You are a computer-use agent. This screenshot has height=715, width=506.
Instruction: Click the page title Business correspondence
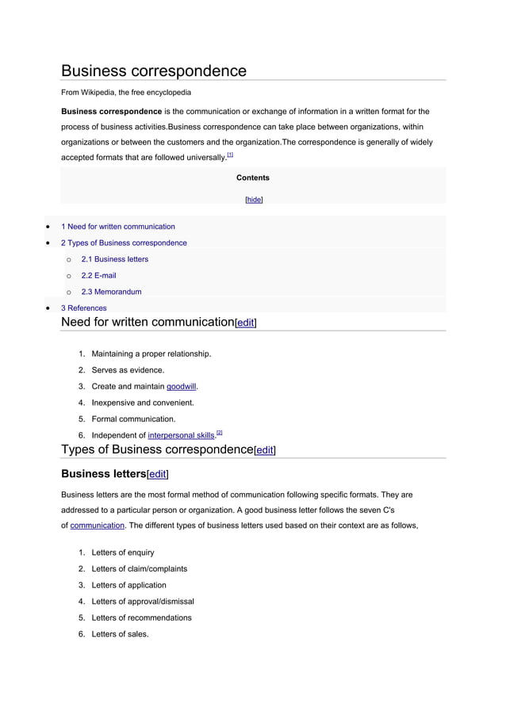point(154,71)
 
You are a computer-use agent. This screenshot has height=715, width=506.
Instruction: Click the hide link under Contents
point(254,200)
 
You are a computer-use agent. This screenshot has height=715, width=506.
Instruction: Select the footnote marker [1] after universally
point(230,155)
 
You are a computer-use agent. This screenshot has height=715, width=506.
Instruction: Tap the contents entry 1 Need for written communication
point(118,227)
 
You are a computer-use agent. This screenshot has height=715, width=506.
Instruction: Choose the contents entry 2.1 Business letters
point(115,259)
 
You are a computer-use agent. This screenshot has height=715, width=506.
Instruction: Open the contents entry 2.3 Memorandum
point(112,292)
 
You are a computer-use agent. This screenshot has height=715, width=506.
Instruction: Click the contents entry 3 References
point(83,308)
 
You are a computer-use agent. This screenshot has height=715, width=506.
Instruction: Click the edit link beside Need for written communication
point(245,323)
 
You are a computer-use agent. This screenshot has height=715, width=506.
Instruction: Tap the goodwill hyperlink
point(182,387)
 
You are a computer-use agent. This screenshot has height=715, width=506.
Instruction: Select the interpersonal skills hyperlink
point(182,435)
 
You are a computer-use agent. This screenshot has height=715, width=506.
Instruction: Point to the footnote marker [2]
point(220,432)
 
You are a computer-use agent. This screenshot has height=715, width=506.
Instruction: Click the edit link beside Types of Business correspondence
point(264,450)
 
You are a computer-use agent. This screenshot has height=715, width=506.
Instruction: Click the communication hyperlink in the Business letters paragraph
point(98,525)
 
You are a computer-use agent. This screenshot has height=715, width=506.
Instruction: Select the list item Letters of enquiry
point(123,552)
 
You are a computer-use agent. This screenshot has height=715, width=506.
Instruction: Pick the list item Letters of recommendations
point(141,617)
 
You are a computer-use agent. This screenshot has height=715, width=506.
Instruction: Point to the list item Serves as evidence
point(128,370)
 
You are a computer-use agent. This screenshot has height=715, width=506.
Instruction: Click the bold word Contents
point(253,178)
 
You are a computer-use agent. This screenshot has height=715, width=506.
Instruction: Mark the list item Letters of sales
point(120,634)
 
